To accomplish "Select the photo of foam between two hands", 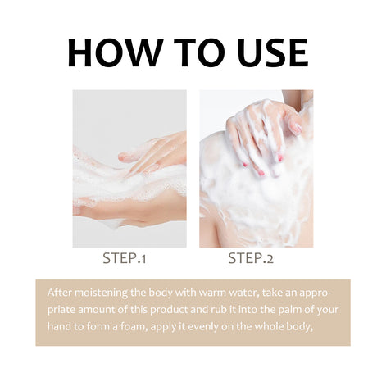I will pyautogui.click(x=129, y=168).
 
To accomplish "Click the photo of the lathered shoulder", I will pyautogui.click(x=256, y=168).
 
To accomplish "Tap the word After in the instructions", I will pyautogui.click(x=60, y=292).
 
